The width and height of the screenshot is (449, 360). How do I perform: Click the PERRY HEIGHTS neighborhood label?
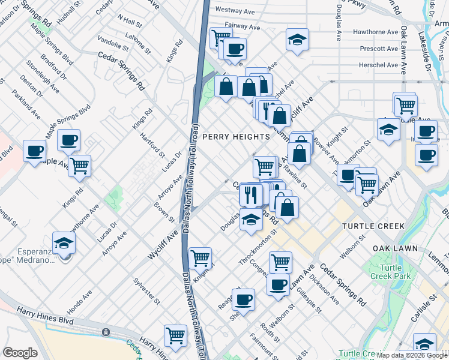pyautogui.click(x=236, y=137)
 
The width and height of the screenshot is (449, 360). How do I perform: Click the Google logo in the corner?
pyautogui.click(x=20, y=353)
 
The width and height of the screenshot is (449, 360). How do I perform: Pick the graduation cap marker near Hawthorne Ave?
pyautogui.click(x=297, y=40)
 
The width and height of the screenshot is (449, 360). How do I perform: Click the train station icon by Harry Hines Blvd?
pyautogui.click(x=106, y=331)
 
